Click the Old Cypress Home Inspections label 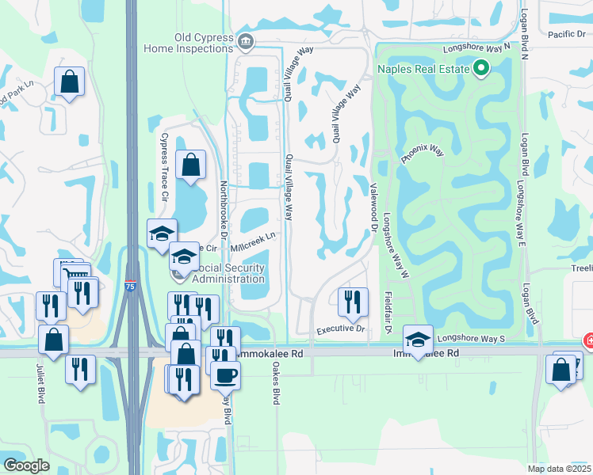click(190, 42)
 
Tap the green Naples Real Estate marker click(480, 69)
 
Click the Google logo click(26, 465)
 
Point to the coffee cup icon click(225, 374)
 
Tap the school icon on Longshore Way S click(418, 339)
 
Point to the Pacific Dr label click(566, 34)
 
